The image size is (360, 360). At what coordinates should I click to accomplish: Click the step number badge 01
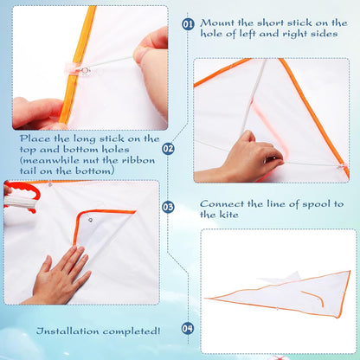pyautogui.click(x=189, y=24)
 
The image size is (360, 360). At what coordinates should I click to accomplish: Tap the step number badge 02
pyautogui.click(x=168, y=149)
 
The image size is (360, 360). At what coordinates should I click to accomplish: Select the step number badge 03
pyautogui.click(x=168, y=207)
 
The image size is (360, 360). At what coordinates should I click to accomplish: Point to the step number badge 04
pyautogui.click(x=188, y=328)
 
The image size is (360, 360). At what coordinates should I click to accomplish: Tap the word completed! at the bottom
pyautogui.click(x=132, y=331)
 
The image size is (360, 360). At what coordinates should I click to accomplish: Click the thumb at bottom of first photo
pyautogui.click(x=35, y=112)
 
